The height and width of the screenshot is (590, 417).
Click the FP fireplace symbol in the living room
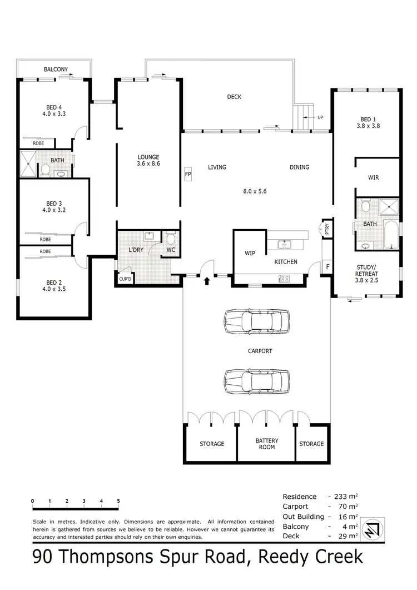pyautogui.click(x=188, y=173)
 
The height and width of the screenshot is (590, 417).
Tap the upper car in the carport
pyautogui.click(x=257, y=321)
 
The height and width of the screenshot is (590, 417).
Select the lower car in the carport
pyautogui.click(x=257, y=381)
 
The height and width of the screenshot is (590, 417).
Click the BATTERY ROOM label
pyautogui.click(x=267, y=444)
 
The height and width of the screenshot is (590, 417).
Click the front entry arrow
pyautogui.click(x=207, y=281)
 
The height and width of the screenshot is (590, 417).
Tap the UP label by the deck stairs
pyautogui.click(x=320, y=118)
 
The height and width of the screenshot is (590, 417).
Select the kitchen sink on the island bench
pyautogui.click(x=285, y=244)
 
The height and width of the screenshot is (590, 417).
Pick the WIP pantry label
pyautogui.click(x=250, y=253)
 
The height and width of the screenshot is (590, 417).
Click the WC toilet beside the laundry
pyautogui.click(x=171, y=240)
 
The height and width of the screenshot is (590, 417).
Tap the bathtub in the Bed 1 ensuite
pyautogui.click(x=391, y=236)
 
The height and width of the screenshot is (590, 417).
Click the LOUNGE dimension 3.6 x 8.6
pyautogui.click(x=148, y=164)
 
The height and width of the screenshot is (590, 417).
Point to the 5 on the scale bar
pyautogui.click(x=118, y=502)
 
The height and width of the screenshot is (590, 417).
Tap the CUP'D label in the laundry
pyautogui.click(x=125, y=279)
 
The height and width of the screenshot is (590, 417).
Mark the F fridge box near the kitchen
pyautogui.click(x=327, y=267)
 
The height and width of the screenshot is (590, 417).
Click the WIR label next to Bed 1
pyautogui.click(x=373, y=178)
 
